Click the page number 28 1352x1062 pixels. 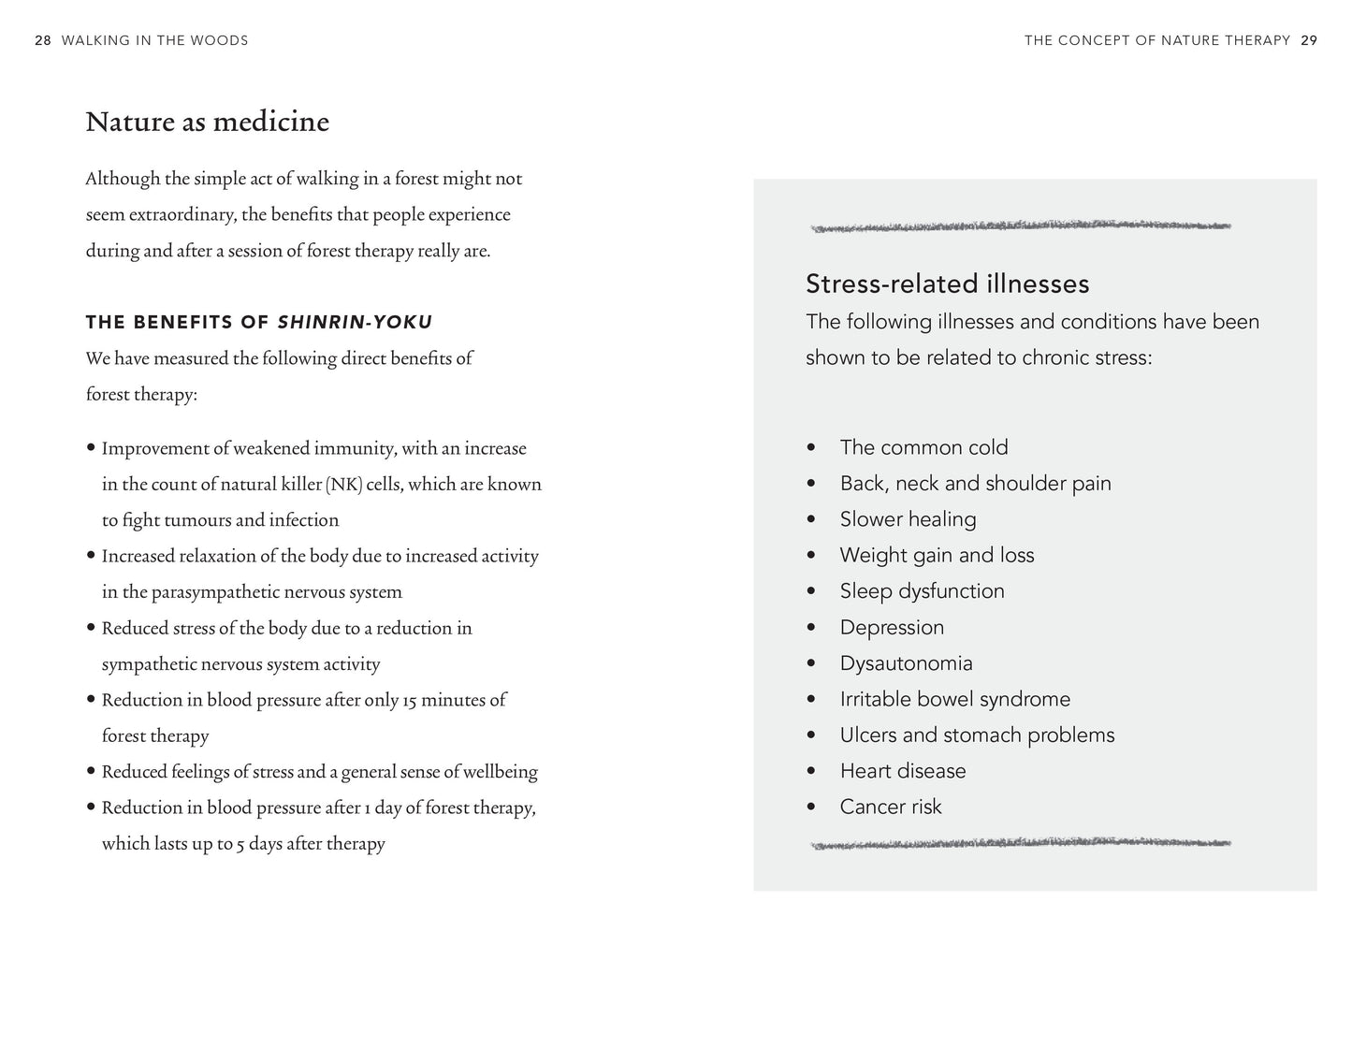tap(42, 40)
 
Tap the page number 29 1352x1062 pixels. tap(1309, 40)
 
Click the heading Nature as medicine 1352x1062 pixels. tap(207, 122)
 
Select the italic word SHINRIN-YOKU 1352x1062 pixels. tap(355, 323)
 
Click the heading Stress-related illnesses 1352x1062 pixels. tap(947, 284)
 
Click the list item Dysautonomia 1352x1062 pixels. tap(906, 663)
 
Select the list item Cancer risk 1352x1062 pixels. tap(890, 807)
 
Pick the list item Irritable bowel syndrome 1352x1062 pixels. tap(954, 699)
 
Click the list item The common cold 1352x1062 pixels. tap(923, 447)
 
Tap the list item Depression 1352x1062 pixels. tap(892, 627)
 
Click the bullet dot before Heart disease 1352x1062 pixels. tap(811, 771)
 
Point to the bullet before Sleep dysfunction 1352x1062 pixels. tap(811, 591)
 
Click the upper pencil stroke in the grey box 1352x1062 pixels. tap(1020, 225)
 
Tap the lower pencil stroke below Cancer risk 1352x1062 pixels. tap(1020, 844)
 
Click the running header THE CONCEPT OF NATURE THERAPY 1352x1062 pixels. tap(1156, 40)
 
